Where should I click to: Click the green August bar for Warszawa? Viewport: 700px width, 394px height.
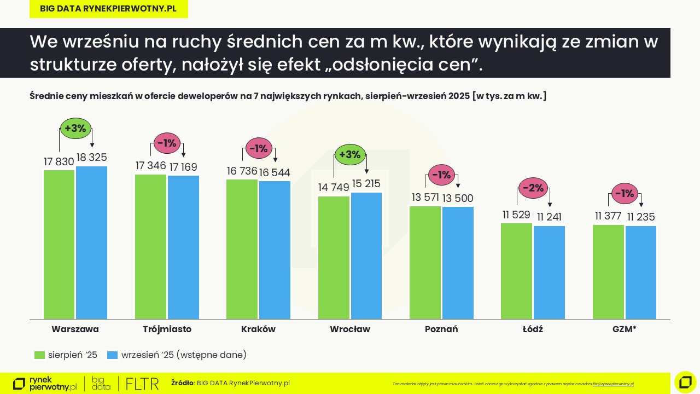[59, 244]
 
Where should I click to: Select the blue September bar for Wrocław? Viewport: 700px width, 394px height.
[366, 255]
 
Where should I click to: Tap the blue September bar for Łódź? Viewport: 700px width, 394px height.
[549, 272]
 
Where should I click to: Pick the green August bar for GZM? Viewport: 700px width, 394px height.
[608, 271]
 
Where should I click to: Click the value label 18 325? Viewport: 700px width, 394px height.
[91, 158]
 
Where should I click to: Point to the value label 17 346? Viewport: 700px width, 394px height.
[150, 166]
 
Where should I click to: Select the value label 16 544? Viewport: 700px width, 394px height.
[275, 172]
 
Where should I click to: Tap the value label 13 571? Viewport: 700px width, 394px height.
[424, 198]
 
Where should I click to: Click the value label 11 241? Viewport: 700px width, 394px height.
[549, 217]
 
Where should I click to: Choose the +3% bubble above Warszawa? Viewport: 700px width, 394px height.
[75, 129]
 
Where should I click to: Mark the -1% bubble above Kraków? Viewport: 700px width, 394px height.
[259, 148]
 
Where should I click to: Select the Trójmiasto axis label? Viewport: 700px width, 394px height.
[167, 329]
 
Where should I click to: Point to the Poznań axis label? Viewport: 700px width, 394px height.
[441, 329]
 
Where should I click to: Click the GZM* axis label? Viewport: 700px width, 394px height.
[624, 329]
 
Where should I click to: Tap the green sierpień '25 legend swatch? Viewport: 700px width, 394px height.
[39, 355]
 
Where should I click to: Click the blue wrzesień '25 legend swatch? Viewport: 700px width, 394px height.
[112, 355]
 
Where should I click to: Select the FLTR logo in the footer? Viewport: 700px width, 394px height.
[142, 384]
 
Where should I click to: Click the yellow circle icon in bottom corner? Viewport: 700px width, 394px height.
[685, 382]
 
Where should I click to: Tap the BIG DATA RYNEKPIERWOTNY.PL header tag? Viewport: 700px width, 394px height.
[108, 9]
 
